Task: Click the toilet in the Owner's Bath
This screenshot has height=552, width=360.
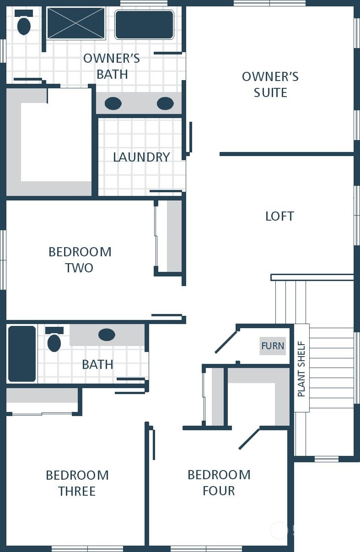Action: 24,22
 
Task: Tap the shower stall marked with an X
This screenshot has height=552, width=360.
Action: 76,23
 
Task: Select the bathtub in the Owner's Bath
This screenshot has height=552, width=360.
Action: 144,24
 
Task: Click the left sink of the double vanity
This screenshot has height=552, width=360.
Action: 113,103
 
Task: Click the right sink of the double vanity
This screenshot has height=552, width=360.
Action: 165,103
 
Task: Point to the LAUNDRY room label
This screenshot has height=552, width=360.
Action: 142,157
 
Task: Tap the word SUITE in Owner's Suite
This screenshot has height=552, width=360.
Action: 270,92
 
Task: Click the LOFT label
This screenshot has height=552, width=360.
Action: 280,216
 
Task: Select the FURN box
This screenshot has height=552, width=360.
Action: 273,346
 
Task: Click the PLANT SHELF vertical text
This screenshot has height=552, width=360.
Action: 301,369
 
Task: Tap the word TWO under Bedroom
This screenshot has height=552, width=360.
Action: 79,268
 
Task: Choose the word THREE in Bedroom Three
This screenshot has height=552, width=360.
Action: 77,491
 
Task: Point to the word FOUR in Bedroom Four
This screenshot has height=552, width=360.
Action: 219,491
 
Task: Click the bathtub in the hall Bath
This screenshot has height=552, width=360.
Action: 22,354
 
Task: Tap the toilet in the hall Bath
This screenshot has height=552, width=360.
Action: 54,339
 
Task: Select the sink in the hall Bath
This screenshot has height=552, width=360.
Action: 107,335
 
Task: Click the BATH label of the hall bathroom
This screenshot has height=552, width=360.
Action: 98,364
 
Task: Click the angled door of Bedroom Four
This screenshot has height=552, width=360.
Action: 249,438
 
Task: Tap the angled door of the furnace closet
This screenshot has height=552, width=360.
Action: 226,342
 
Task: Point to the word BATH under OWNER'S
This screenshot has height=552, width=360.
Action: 112,74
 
